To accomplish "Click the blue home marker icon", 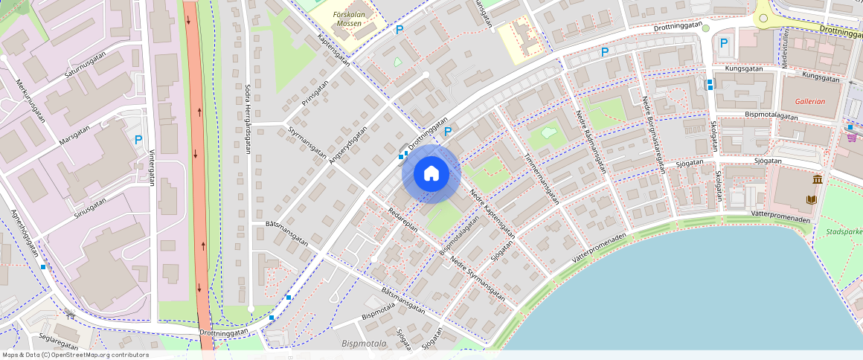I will (431, 174).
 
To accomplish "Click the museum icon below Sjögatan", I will (818, 180).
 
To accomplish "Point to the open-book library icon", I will (811, 199).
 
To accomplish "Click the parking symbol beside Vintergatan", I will (138, 139).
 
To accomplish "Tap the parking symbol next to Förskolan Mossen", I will (400, 30).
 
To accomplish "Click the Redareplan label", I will (403, 221).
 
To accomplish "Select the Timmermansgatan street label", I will (541, 179).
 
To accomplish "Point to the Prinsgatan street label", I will (315, 94).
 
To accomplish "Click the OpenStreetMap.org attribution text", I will (75, 355).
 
